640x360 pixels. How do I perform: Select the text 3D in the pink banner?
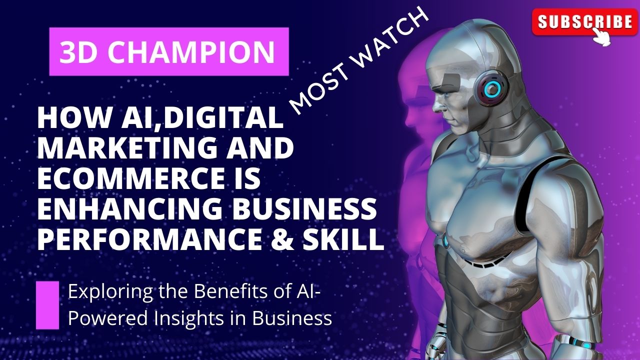(x=75, y=52)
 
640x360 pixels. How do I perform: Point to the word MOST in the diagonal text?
(x=315, y=89)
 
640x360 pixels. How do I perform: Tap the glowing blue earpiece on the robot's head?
(x=492, y=88)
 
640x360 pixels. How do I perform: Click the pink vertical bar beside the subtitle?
(x=47, y=305)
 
